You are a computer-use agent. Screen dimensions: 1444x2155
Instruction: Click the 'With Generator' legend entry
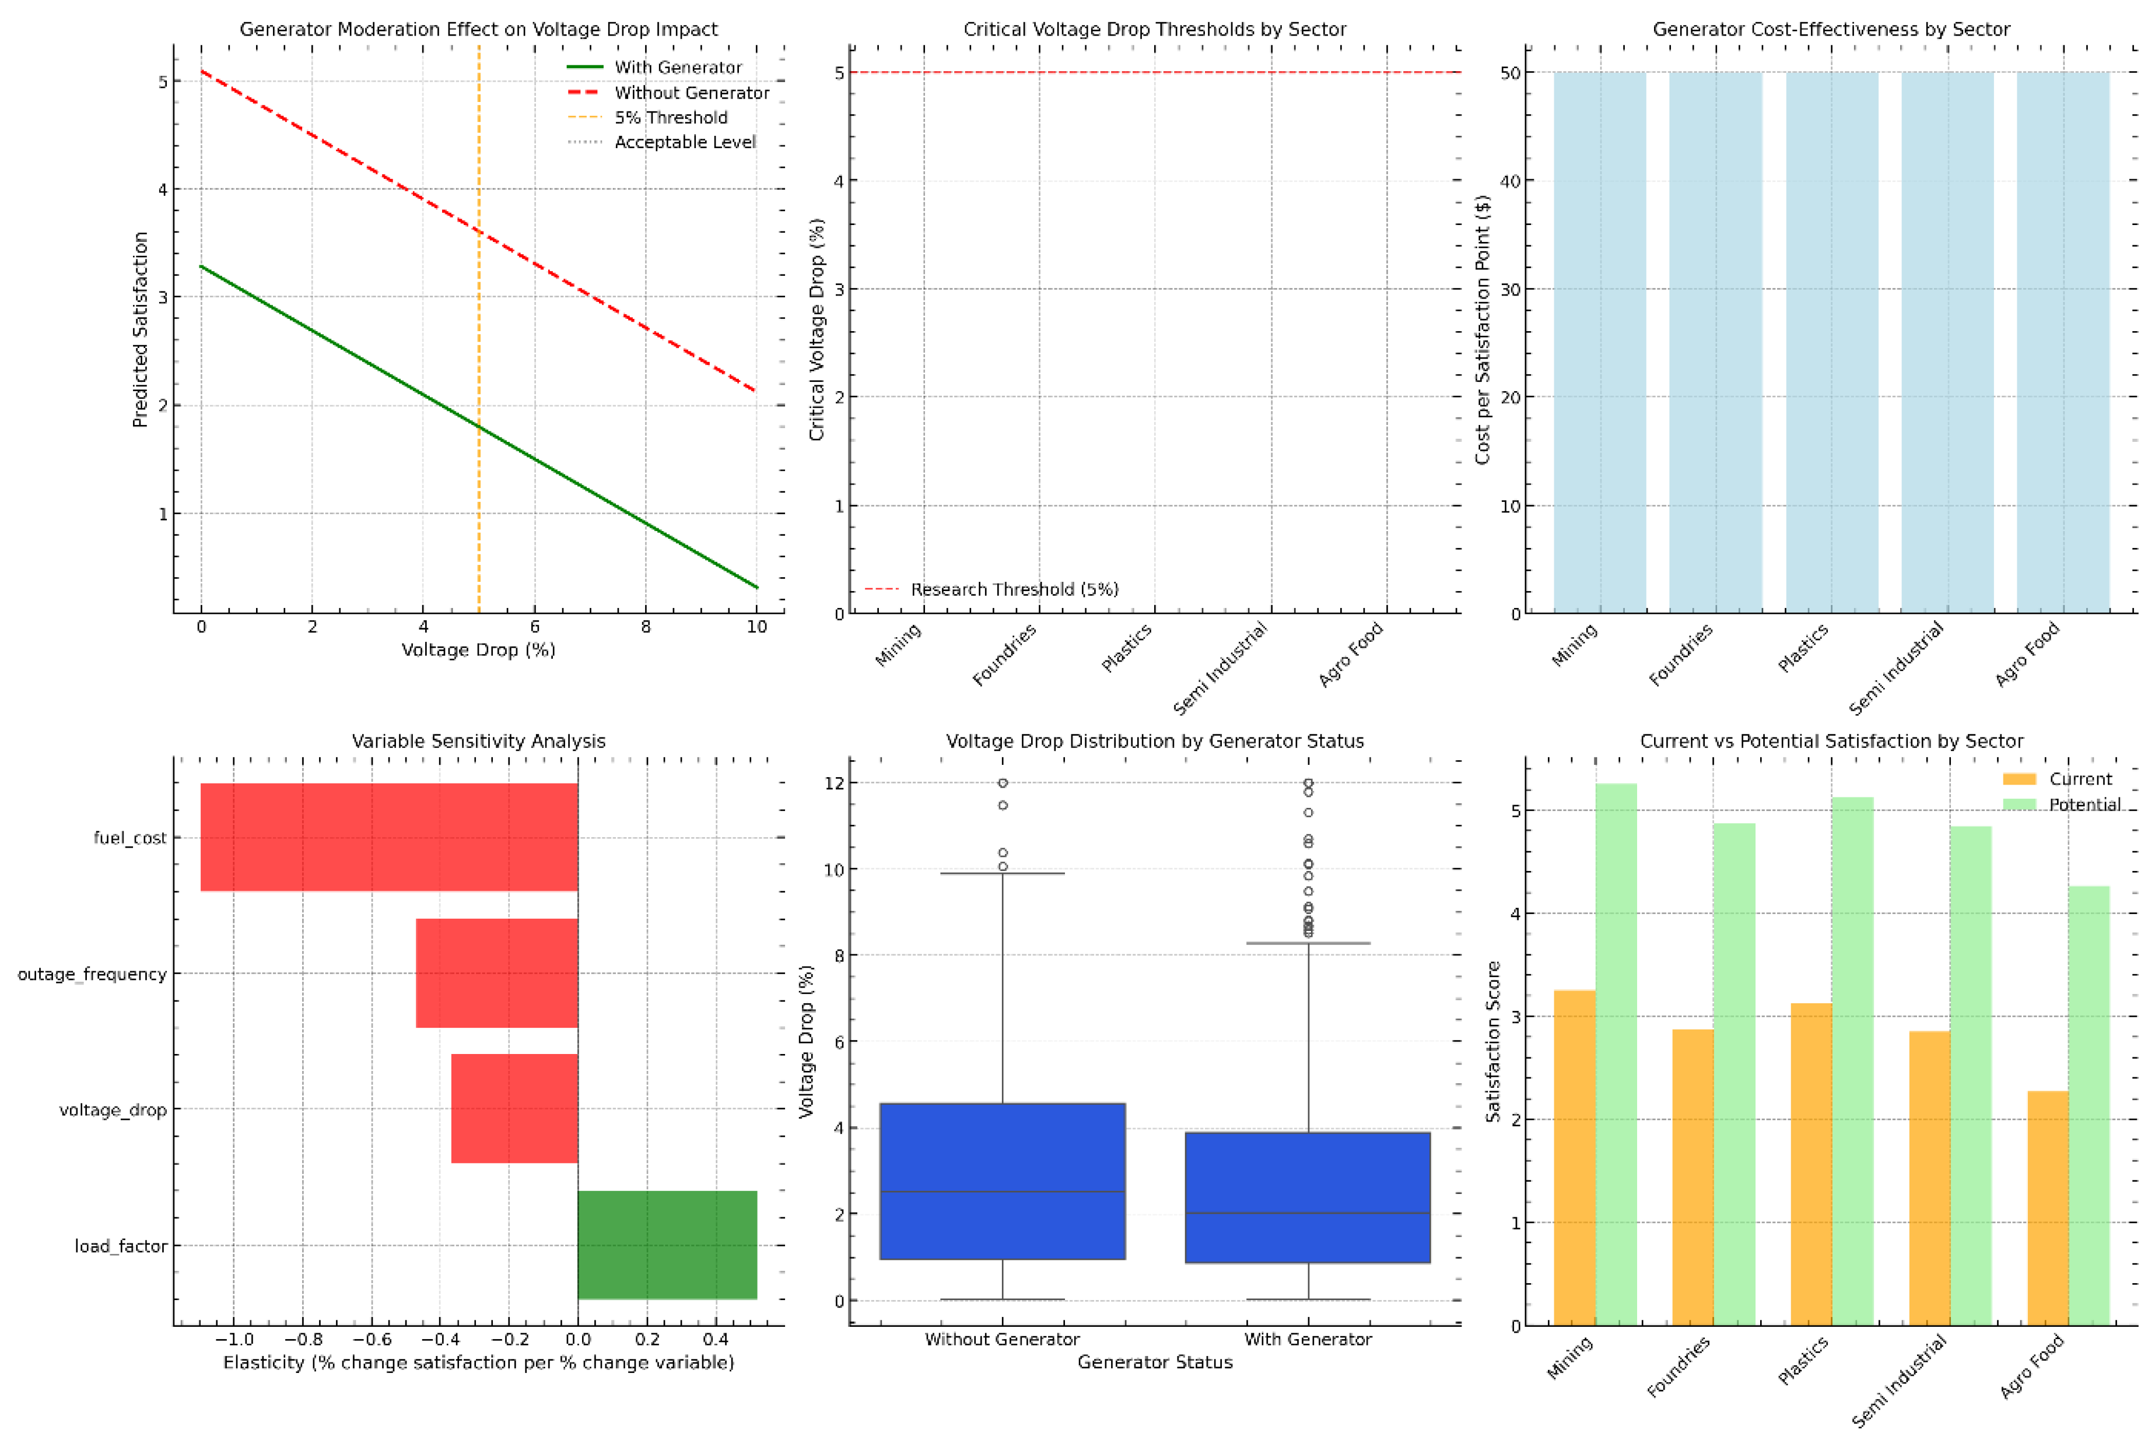(677, 67)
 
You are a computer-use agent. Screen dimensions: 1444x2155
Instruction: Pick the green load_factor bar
(667, 1245)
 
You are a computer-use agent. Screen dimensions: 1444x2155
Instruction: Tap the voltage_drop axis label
(113, 1110)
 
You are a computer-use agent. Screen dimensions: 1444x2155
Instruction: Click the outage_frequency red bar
(496, 974)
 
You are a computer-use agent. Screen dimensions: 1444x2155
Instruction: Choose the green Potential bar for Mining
(1616, 1055)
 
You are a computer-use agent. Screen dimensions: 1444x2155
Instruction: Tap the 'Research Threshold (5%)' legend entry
(1014, 589)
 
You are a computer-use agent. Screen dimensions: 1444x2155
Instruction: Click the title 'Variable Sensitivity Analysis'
(478, 742)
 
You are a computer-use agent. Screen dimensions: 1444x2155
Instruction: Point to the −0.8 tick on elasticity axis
(303, 1339)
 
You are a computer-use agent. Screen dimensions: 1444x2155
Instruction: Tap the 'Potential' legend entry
(2084, 805)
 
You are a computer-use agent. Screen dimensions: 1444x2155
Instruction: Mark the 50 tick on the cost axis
(1510, 73)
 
